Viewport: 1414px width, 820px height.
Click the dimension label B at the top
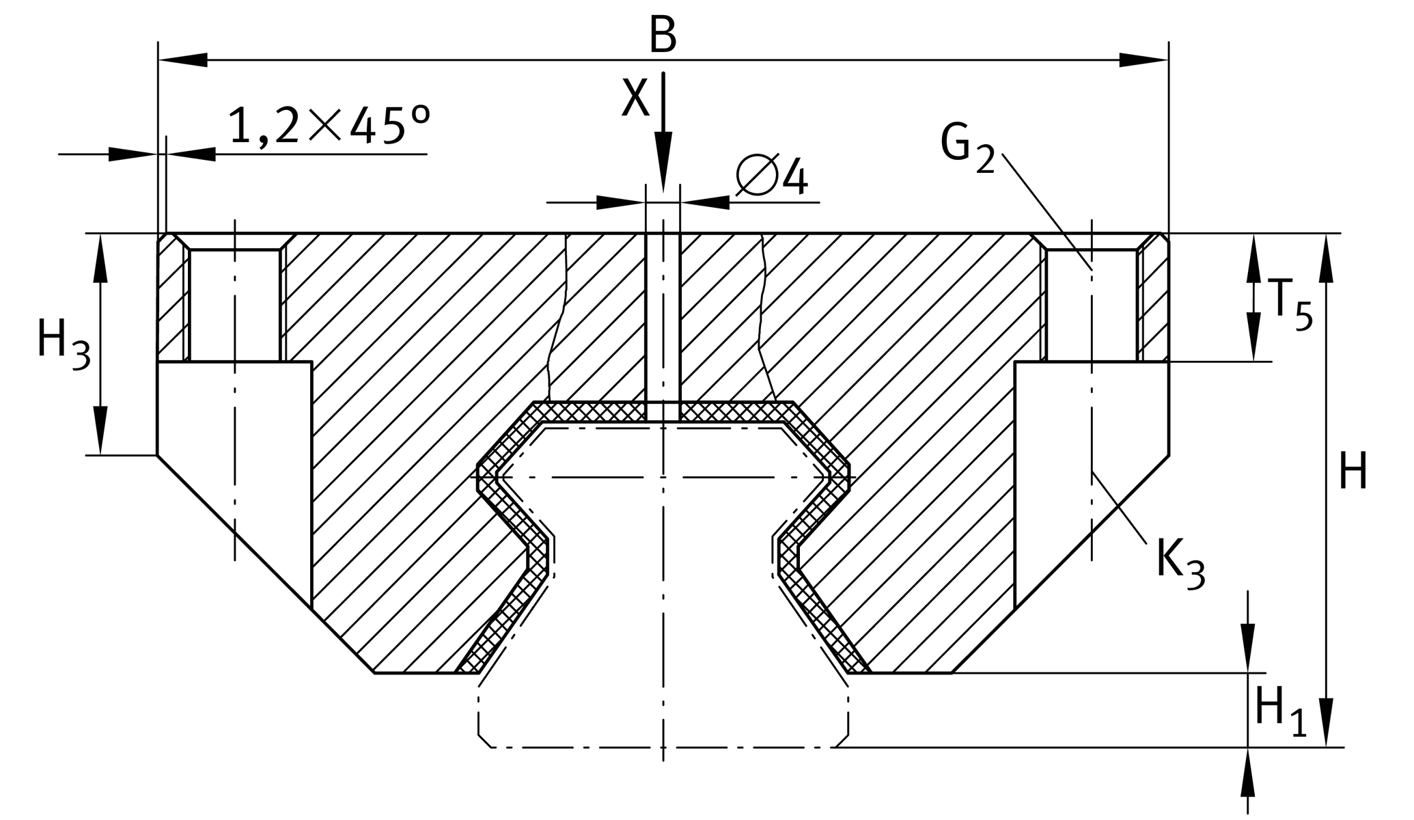(x=663, y=36)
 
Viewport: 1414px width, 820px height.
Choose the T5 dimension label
(x=1290, y=303)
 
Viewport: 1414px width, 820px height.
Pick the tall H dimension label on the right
(x=1353, y=471)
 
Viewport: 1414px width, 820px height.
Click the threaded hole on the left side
(x=234, y=305)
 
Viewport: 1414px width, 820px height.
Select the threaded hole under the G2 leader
(x=1091, y=305)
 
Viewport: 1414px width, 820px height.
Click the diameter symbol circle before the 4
(x=758, y=175)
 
